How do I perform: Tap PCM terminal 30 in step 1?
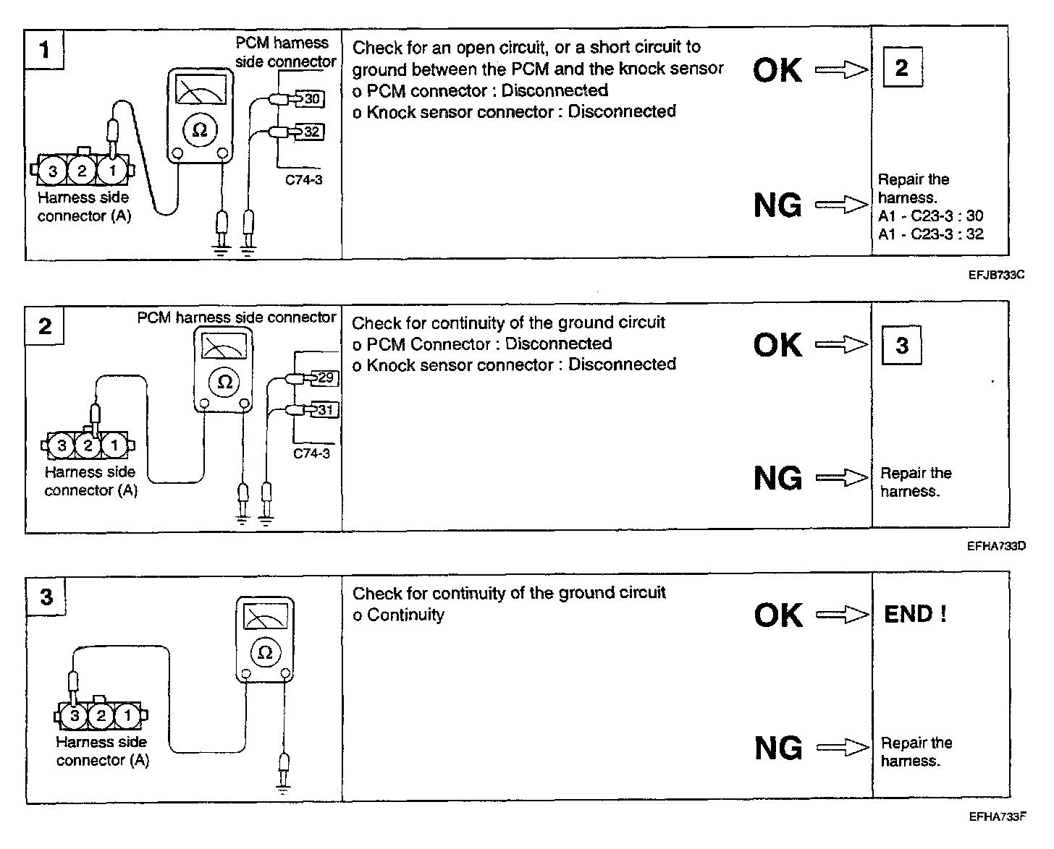311,98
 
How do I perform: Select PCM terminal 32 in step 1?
311,132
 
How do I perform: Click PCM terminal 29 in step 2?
325,377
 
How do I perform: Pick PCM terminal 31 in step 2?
325,410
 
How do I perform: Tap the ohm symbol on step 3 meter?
265,652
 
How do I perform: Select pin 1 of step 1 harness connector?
112,171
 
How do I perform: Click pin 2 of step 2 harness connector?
88,445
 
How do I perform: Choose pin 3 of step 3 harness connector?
75,716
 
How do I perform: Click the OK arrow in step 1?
841,70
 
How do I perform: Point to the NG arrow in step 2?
841,478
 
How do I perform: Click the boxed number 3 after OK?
902,346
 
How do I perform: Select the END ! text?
915,615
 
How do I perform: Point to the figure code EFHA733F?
998,817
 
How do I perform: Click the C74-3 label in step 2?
311,453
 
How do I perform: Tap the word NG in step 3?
778,748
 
